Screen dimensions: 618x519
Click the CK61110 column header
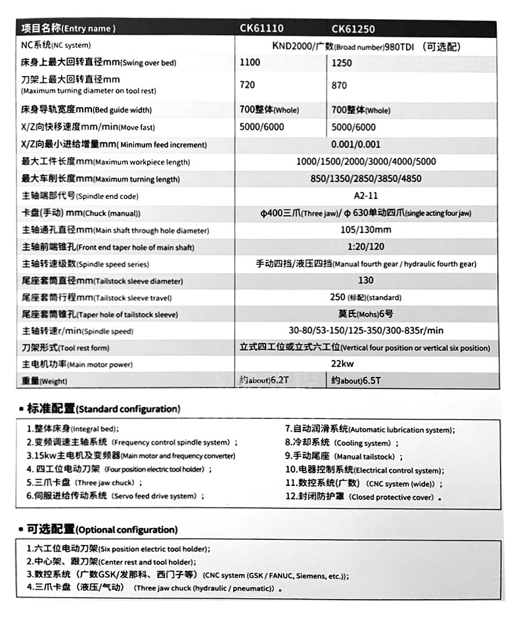click(261, 29)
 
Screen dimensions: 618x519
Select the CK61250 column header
click(353, 29)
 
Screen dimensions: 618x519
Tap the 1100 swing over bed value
click(250, 62)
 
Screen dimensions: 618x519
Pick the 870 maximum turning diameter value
click(340, 85)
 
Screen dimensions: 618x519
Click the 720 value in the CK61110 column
click(248, 85)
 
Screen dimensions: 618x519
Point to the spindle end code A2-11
click(365, 196)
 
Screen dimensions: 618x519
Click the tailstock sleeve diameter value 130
click(366, 280)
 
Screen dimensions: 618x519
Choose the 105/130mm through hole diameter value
click(365, 230)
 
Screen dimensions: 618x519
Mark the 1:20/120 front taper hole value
click(366, 247)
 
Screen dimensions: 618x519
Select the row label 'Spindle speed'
click(78, 331)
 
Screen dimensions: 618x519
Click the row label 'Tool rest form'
click(66, 347)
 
